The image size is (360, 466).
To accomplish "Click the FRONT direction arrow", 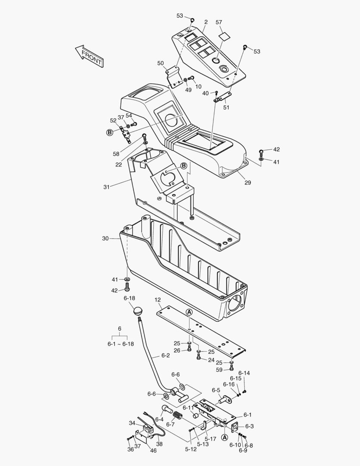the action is pyautogui.click(x=89, y=56).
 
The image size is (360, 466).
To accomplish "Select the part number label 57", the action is pyautogui.click(x=219, y=22).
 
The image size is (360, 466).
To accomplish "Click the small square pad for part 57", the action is pyautogui.click(x=225, y=37).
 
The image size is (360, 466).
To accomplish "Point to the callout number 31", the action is pyautogui.click(x=106, y=187).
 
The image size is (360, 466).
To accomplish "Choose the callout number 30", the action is pyautogui.click(x=105, y=238).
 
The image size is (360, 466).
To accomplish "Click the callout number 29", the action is pyautogui.click(x=248, y=183).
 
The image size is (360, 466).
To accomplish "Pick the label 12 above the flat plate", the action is pyautogui.click(x=158, y=300).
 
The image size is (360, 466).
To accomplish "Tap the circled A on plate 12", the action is pyautogui.click(x=189, y=312).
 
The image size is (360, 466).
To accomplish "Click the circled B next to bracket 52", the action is pyautogui.click(x=110, y=132).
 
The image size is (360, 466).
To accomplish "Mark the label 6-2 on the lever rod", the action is pyautogui.click(x=166, y=356).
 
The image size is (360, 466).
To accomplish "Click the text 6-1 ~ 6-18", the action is pyautogui.click(x=121, y=344).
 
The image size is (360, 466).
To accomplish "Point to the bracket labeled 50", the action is pyautogui.click(x=173, y=77).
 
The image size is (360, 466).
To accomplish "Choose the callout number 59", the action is pyautogui.click(x=219, y=370).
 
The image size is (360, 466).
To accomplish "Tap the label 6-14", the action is pyautogui.click(x=244, y=373).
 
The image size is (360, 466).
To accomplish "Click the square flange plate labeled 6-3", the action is pyautogui.click(x=235, y=427).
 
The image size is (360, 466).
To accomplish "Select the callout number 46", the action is pyautogui.click(x=153, y=450).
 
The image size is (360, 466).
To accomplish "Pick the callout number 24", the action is pyautogui.click(x=211, y=360).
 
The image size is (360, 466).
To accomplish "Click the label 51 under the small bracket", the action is pyautogui.click(x=226, y=107).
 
